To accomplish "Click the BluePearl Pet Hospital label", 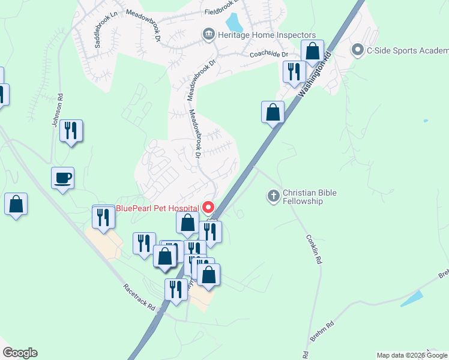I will pos(157,208).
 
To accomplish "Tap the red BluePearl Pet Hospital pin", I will pos(209,208).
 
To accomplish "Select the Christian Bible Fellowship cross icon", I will pos(273,196).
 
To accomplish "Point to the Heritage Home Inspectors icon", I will pos(208,34).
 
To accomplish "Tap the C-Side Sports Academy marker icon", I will pos(358,50).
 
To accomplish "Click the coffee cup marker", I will pos(62,178).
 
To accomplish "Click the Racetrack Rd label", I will pos(140,296).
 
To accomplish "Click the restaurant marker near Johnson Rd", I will pos(71,130).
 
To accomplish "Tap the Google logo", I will pos(20,353).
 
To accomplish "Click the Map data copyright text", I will pos(411,355).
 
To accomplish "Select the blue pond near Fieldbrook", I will pos(234,23).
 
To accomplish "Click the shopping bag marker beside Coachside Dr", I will pos(312,51).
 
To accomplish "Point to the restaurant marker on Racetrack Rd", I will pos(175,290).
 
